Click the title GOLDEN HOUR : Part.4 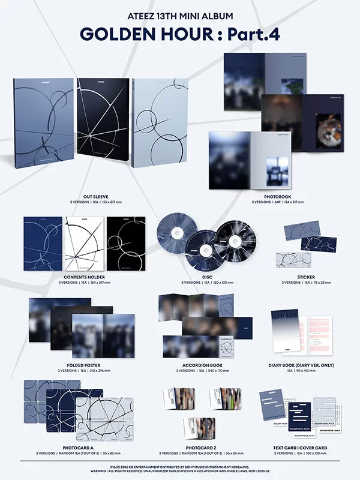pyautogui.click(x=179, y=34)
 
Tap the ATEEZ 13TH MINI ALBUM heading pyautogui.click(x=179, y=14)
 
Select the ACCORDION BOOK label pyautogui.click(x=190, y=364)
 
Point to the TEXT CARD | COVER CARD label pyautogui.click(x=298, y=447)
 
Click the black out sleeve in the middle pyautogui.click(x=103, y=123)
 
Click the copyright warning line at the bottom pyautogui.click(x=179, y=470)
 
